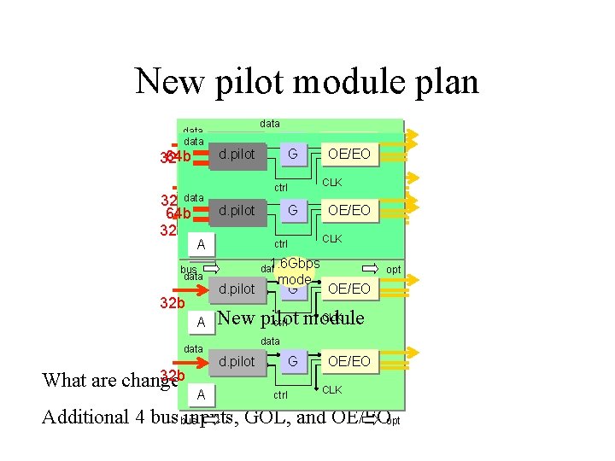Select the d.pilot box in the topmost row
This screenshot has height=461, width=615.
[237, 155]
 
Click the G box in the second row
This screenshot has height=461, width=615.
[292, 210]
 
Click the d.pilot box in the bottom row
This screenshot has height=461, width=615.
[237, 362]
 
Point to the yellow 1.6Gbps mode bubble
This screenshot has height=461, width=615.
[295, 271]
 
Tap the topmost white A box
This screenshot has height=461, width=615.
[201, 245]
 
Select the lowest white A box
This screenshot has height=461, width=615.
[201, 395]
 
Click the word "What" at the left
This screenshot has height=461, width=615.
[63, 379]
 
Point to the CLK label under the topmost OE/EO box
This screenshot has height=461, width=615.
[331, 182]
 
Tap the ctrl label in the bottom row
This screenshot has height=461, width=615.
[280, 395]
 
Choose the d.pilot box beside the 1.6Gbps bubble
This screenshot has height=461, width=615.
[237, 289]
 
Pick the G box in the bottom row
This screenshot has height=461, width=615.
[292, 362]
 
